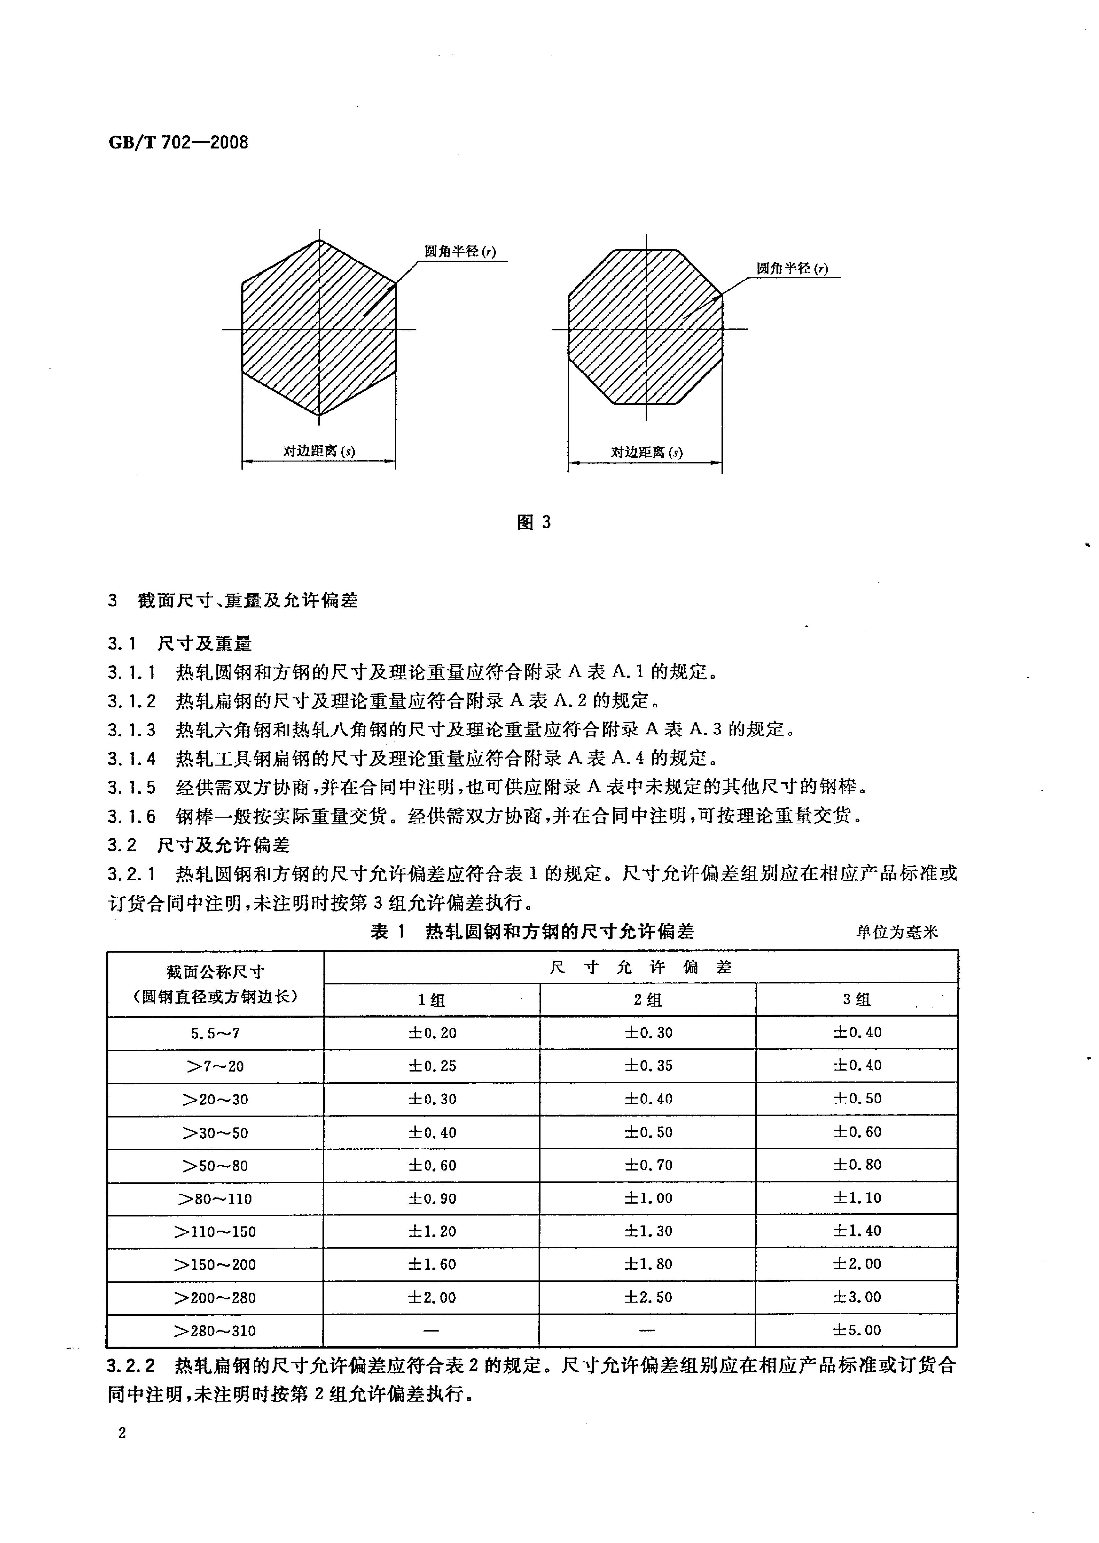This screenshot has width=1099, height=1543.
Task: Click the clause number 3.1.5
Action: tap(131, 787)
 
